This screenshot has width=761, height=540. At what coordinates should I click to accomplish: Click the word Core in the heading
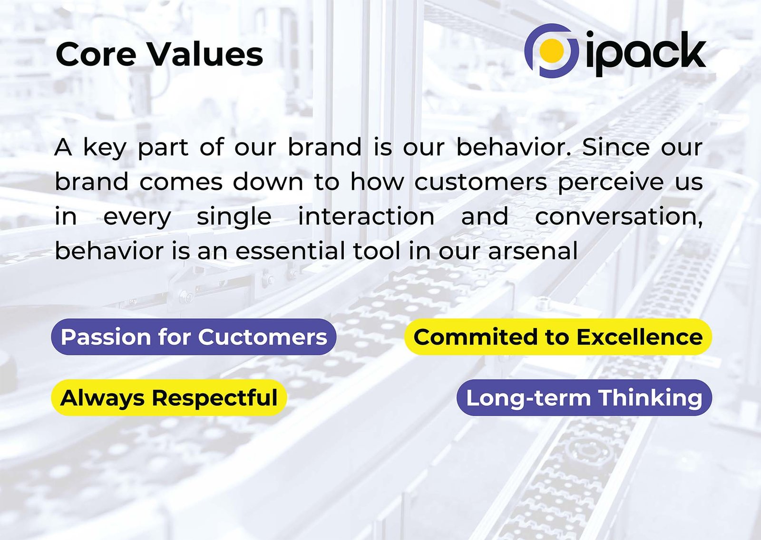[x=96, y=54]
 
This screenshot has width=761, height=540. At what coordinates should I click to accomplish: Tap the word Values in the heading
[x=206, y=54]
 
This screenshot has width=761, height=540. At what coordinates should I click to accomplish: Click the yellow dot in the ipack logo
[x=552, y=50]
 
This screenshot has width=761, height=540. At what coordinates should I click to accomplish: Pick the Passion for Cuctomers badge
[x=194, y=337]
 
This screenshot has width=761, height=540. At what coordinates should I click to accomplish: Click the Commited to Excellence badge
[x=558, y=337]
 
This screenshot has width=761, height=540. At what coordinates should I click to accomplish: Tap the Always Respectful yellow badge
[x=169, y=397]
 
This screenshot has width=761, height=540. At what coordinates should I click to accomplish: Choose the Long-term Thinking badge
[x=584, y=397]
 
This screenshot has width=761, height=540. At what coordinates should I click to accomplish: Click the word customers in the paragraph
[x=480, y=182]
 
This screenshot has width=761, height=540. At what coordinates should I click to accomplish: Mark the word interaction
[x=366, y=216]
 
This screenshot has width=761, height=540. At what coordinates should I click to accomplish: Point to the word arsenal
[x=533, y=251]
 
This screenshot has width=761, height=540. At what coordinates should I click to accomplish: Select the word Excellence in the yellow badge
[x=639, y=337]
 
